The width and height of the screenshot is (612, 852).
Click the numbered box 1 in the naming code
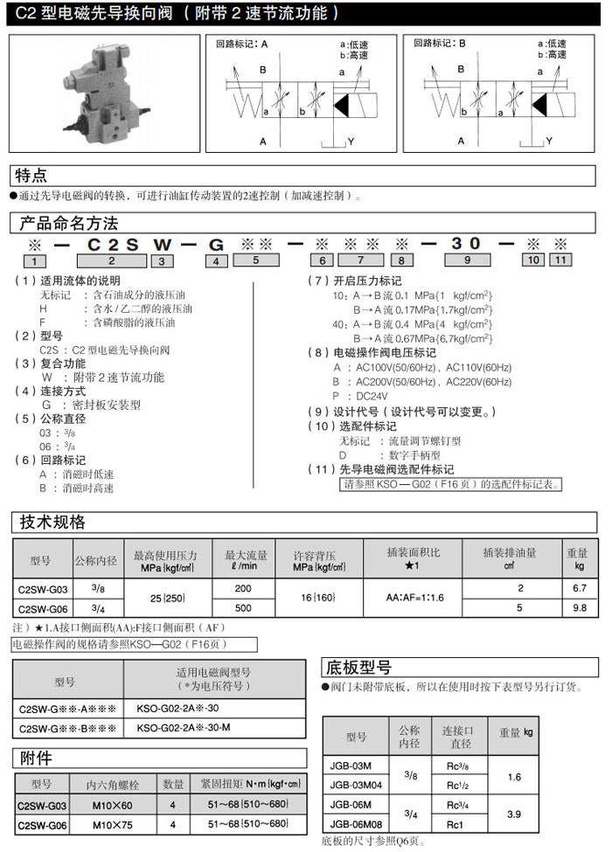[x=34, y=261]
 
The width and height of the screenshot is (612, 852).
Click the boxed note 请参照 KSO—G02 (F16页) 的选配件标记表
[x=450, y=484]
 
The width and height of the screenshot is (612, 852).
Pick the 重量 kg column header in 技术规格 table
[x=577, y=559]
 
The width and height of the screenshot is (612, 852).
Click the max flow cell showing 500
[x=243, y=607]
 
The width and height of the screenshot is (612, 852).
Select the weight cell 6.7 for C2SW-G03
[x=577, y=589]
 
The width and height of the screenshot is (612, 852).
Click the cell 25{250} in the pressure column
[x=166, y=598]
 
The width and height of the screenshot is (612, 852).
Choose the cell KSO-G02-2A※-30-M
[x=184, y=727]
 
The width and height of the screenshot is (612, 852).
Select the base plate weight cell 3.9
[x=516, y=814]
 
